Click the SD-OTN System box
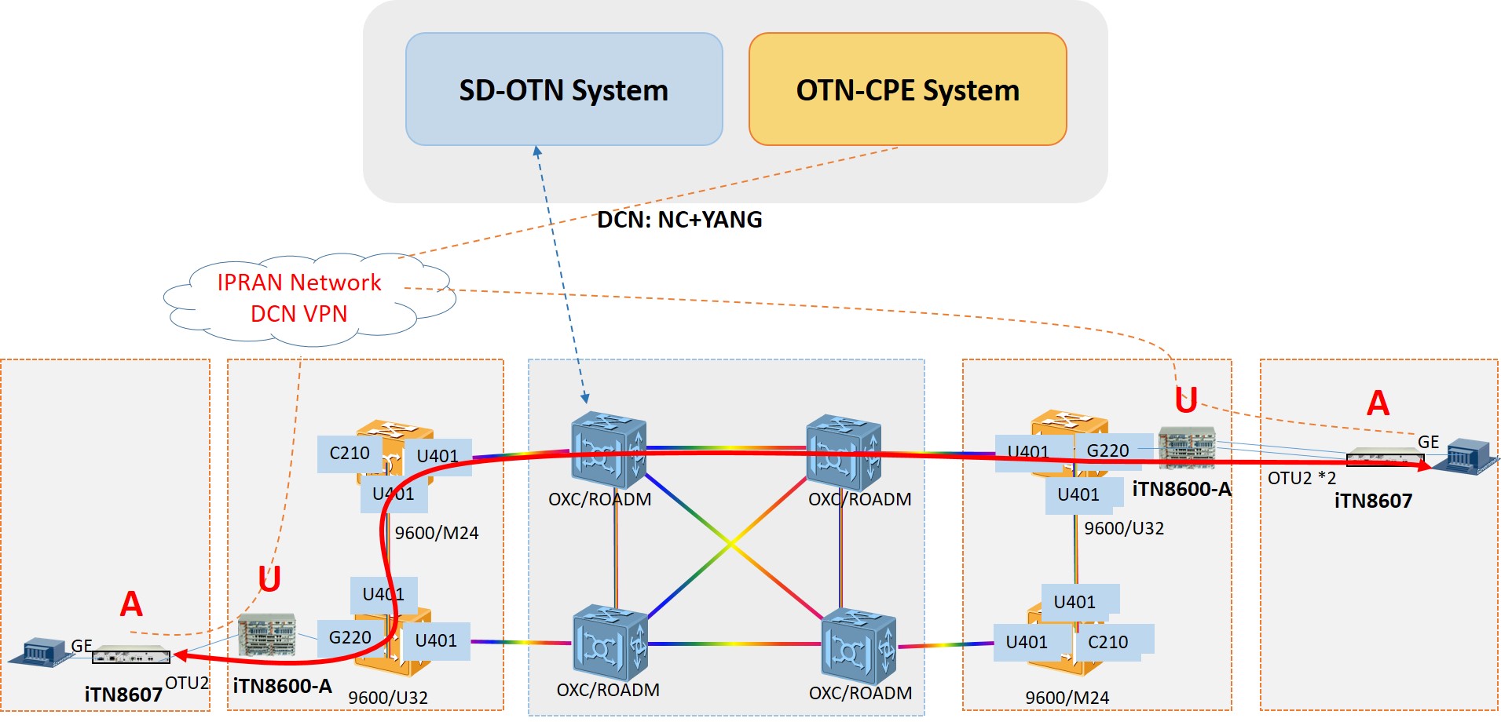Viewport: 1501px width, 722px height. click(x=563, y=89)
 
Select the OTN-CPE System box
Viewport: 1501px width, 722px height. click(x=907, y=89)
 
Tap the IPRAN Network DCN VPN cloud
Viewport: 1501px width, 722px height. click(x=298, y=298)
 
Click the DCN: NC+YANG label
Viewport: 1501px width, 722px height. click(x=679, y=220)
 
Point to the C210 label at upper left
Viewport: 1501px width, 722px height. click(x=349, y=454)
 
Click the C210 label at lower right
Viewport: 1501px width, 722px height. click(x=1107, y=642)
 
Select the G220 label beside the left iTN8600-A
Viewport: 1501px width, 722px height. click(x=350, y=637)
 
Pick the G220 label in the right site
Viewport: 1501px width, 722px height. click(x=1107, y=450)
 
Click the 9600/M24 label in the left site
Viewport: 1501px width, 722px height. click(x=436, y=533)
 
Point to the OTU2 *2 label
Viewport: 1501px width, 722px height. click(x=1301, y=478)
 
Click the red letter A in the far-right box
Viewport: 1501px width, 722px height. click(x=1378, y=403)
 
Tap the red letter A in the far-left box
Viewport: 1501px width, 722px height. click(x=131, y=604)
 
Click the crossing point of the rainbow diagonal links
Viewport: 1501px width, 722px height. click(x=730, y=543)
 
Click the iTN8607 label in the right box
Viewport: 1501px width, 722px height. click(x=1373, y=501)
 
